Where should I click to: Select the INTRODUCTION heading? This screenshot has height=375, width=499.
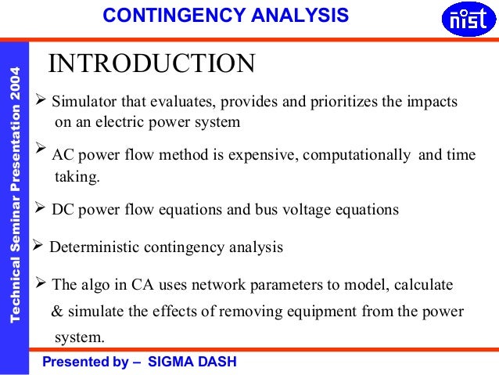point(152,63)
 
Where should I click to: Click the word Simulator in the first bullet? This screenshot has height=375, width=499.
point(84,103)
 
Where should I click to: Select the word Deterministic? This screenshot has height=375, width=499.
point(91,248)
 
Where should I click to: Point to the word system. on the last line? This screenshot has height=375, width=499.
point(79,338)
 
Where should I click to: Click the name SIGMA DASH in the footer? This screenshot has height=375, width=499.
point(194,362)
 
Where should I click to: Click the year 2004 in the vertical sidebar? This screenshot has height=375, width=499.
point(14,91)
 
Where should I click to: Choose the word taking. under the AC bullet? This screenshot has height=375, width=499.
point(77,177)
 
